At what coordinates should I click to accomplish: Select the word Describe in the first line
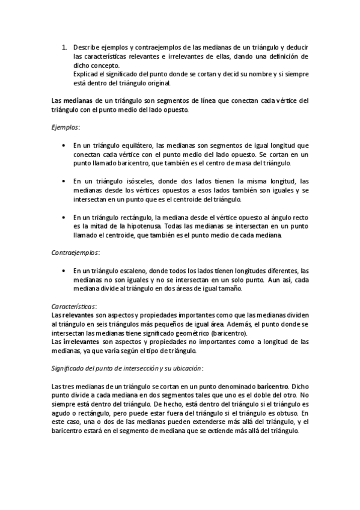(x=87, y=46)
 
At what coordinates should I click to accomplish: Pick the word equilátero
(x=135, y=146)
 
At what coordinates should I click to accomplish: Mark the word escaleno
(x=141, y=271)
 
